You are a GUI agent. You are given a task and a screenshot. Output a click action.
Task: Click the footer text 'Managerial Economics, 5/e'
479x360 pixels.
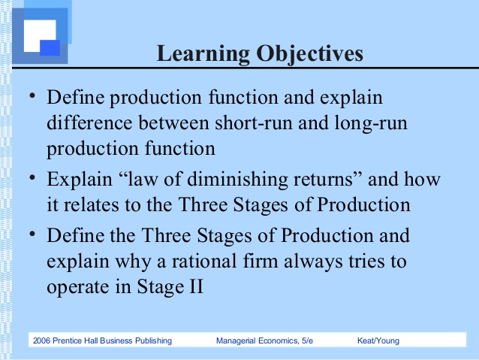tap(264, 341)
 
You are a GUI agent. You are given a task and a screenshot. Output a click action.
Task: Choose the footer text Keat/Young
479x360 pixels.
tap(379, 341)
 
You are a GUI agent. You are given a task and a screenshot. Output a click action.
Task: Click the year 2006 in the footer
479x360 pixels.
tap(44, 341)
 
